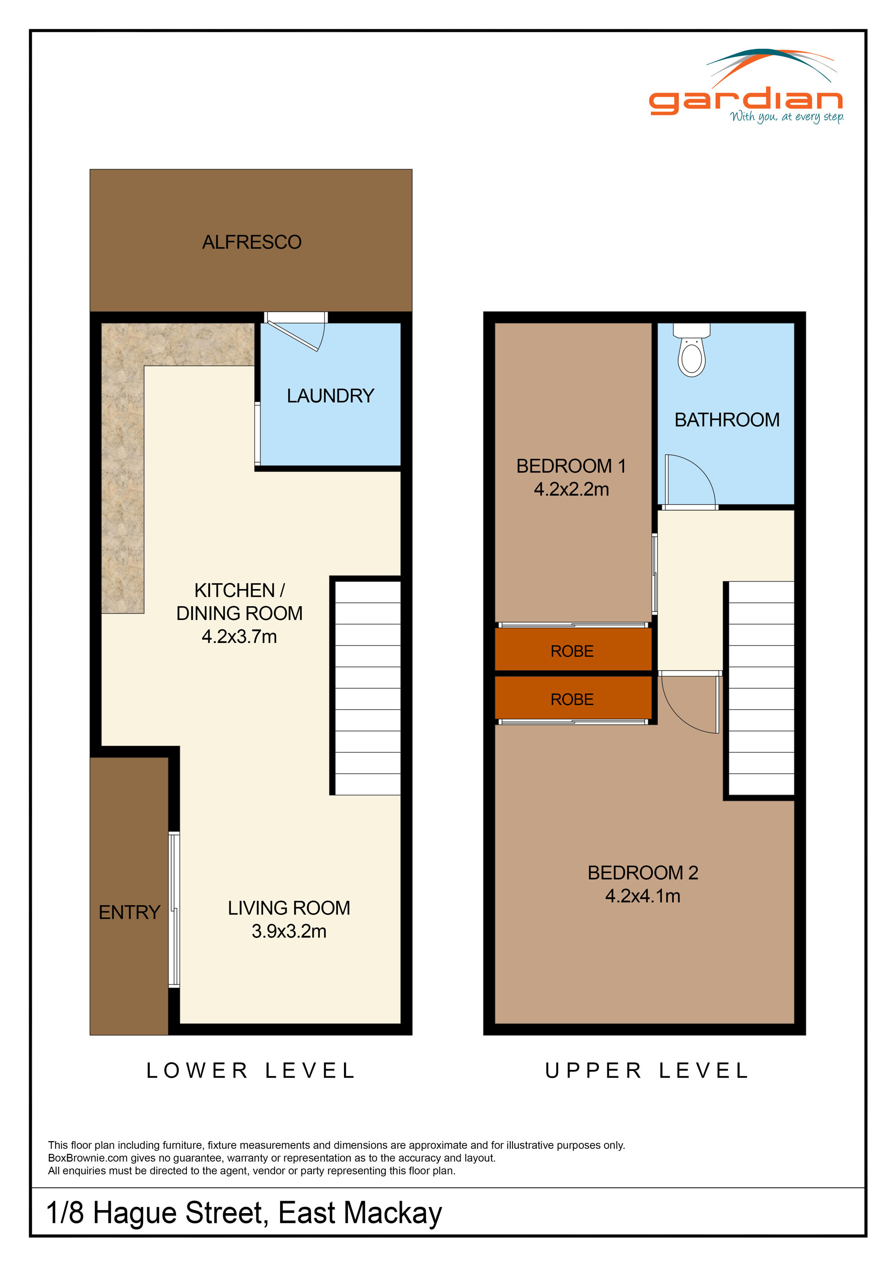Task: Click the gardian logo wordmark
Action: click(x=745, y=100)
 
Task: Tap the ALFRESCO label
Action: click(x=252, y=242)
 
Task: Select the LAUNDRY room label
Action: click(x=331, y=395)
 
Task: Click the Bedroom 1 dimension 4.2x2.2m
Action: click(x=571, y=489)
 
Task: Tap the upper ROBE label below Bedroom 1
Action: click(x=572, y=651)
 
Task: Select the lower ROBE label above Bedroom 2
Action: click(x=572, y=699)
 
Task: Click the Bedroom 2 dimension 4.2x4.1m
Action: click(x=643, y=895)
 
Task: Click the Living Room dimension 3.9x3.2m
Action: click(x=289, y=931)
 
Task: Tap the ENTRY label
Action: click(x=129, y=912)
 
